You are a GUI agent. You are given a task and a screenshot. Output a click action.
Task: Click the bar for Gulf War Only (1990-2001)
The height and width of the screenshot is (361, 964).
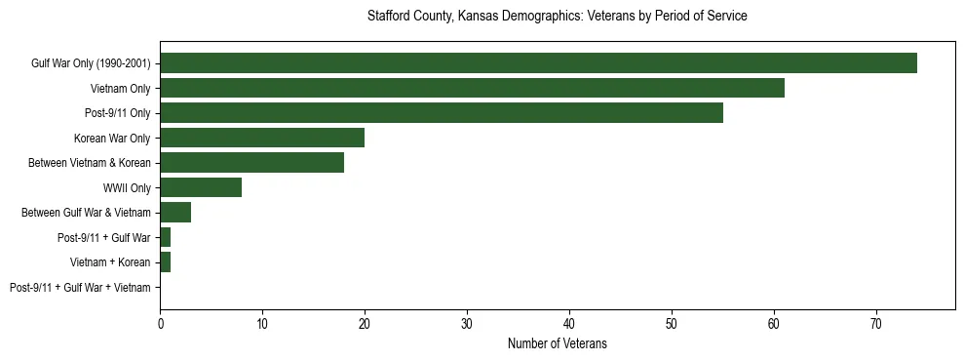(x=538, y=63)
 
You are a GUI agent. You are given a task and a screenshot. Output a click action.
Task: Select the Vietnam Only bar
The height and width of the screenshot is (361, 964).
(x=472, y=89)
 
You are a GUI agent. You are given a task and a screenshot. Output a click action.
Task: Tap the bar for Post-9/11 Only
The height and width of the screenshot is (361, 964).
(x=442, y=113)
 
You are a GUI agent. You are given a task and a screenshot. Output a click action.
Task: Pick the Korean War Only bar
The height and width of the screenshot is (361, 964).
(x=262, y=138)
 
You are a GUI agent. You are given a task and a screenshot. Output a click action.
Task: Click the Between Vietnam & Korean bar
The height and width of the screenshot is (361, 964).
(x=251, y=163)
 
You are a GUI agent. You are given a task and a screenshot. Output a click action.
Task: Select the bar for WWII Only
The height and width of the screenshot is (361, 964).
(x=201, y=187)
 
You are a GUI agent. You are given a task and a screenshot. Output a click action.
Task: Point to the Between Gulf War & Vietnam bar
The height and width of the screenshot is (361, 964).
(x=175, y=213)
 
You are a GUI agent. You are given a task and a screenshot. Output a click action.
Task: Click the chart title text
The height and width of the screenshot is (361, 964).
(x=557, y=17)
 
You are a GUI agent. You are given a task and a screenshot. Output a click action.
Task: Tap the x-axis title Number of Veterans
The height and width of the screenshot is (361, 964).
(x=557, y=343)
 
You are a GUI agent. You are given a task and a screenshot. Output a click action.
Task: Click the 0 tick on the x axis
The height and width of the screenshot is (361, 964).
(x=160, y=323)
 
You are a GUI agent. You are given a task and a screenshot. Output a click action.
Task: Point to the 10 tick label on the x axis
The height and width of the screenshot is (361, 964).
(x=262, y=323)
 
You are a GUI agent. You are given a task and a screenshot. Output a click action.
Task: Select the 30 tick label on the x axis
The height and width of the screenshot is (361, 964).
(x=467, y=323)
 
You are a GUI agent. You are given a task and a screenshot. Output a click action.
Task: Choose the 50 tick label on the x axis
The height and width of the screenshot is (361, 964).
(x=672, y=323)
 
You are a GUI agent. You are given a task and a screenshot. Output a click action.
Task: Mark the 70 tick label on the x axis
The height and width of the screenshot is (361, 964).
(x=876, y=323)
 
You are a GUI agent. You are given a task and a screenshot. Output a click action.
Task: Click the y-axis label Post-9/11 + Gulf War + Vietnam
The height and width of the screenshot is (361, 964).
(x=80, y=288)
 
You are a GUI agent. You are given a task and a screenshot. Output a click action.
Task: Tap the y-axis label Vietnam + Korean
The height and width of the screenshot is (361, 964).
(x=110, y=262)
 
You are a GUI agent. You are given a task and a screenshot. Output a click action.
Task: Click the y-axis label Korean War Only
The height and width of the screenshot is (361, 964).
(x=112, y=139)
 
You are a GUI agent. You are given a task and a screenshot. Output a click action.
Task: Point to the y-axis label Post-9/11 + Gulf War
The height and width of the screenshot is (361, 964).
(x=104, y=238)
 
